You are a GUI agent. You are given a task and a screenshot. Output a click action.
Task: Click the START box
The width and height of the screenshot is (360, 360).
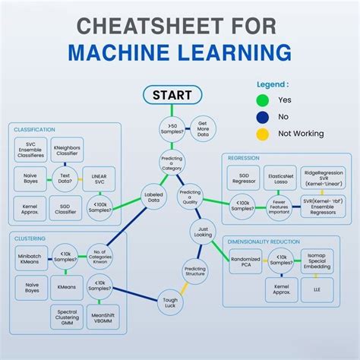(x=172, y=96)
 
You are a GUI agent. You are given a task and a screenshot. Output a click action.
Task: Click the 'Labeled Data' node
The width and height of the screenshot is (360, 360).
(x=153, y=198)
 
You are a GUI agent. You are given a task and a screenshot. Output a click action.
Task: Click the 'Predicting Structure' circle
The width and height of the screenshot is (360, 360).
(x=196, y=271)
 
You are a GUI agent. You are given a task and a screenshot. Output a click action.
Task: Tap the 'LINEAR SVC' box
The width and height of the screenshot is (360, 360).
(x=99, y=180)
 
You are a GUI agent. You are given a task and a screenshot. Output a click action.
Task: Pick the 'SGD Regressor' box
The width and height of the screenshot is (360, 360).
(x=243, y=178)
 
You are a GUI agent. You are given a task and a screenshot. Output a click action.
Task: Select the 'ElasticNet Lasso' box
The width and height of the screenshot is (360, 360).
(x=281, y=178)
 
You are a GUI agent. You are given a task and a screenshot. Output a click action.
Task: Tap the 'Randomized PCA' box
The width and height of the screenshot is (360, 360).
(x=245, y=262)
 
